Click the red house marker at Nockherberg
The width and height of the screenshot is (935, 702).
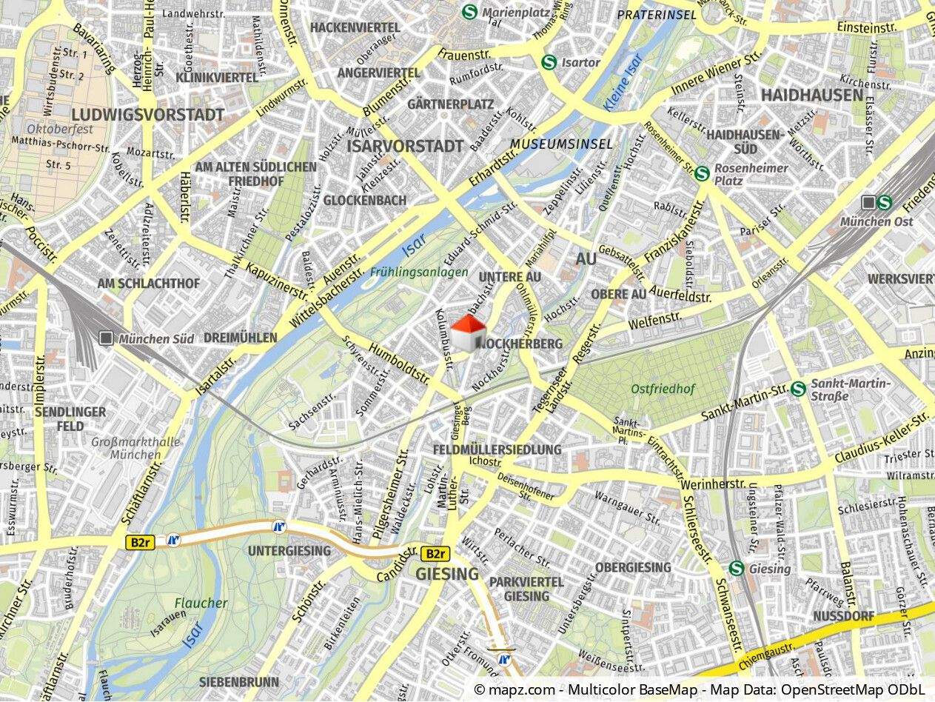coord(469,332)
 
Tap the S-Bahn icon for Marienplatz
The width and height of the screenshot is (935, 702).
coord(469,12)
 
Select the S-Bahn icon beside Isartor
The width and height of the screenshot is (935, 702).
coord(549,62)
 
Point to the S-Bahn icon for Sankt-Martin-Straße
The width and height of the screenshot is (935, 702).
coord(797,389)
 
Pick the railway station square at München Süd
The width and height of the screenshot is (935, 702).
coord(107,338)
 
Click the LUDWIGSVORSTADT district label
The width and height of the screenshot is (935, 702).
coord(148,115)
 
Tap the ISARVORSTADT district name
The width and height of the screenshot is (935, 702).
coord(405,146)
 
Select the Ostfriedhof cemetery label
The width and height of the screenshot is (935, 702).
coord(663,389)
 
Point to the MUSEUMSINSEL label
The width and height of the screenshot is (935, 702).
coord(562,144)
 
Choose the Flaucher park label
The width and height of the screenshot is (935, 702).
coord(201,603)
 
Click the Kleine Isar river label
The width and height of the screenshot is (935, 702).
coord(623,82)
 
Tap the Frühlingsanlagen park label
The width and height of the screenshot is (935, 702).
coord(420,272)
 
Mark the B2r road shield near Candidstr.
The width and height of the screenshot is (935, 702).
coord(435,553)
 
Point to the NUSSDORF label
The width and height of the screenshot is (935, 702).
coord(843,616)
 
